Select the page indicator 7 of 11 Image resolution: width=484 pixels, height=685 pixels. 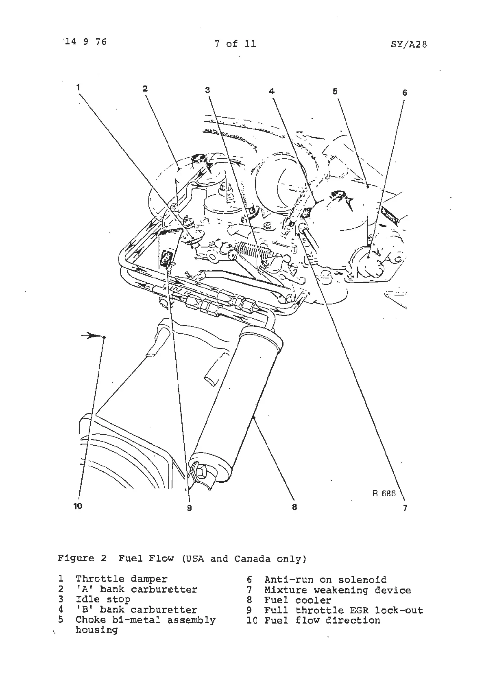(235, 44)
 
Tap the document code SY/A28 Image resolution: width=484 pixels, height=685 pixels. (409, 44)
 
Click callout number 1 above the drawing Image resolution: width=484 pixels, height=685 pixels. (78, 87)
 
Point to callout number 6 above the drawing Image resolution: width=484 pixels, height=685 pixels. (404, 93)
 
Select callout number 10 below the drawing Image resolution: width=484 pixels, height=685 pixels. (78, 506)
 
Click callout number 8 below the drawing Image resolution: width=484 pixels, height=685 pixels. (294, 507)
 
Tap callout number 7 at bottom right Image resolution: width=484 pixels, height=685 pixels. (405, 508)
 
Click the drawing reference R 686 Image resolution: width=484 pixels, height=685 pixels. (384, 493)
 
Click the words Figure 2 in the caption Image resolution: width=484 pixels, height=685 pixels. (82, 558)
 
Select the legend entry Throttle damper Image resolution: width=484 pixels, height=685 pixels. (121, 579)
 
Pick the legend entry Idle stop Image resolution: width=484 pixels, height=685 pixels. (103, 599)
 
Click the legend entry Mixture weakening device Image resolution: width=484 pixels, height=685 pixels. (337, 590)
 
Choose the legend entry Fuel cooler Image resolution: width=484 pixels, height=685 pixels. (297, 600)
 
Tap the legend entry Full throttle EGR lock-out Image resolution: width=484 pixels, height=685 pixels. (343, 611)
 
